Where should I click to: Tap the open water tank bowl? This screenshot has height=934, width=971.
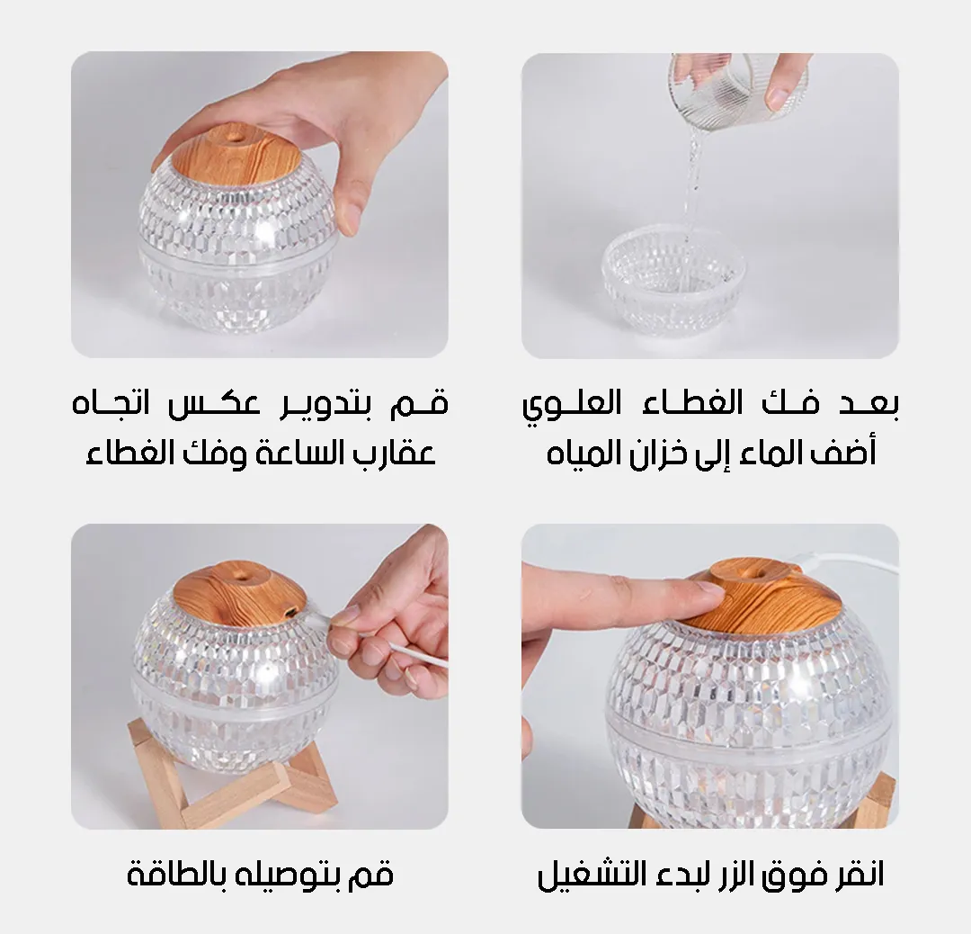674,279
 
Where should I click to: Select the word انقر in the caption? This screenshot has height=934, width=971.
857,876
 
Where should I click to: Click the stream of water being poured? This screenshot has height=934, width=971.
693,180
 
